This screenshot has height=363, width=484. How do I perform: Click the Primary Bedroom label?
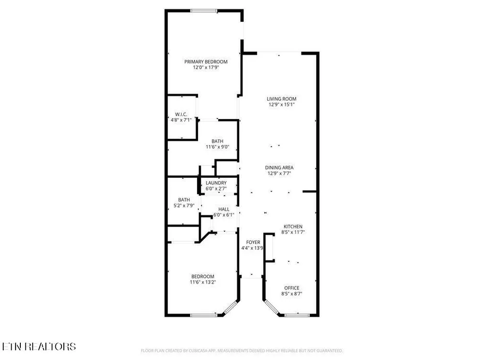[206, 62]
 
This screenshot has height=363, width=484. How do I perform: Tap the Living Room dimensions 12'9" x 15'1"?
[282, 105]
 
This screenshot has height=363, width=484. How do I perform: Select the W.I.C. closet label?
[181, 115]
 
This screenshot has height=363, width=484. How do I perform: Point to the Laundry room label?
[216, 183]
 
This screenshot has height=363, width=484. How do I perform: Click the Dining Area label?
[279, 167]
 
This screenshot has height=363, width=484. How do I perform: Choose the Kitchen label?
[293, 227]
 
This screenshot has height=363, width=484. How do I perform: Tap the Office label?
[292, 288]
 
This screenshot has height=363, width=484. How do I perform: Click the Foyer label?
[253, 242]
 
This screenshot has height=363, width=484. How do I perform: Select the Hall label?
[224, 209]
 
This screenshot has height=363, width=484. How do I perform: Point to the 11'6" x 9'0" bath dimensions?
[218, 147]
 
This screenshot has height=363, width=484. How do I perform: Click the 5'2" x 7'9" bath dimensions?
[184, 205]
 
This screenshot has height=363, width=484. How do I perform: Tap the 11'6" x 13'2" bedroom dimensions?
[203, 282]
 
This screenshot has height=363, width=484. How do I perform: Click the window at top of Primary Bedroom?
[204, 11]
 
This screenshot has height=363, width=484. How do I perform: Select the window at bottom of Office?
[297, 315]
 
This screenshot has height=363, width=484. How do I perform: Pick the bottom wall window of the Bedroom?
[204, 315]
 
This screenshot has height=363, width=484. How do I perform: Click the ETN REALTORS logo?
[39, 347]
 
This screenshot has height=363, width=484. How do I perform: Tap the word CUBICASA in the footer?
[204, 350]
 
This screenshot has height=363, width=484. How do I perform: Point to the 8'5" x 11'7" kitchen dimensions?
[293, 232]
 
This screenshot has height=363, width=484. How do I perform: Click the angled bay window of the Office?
[271, 307]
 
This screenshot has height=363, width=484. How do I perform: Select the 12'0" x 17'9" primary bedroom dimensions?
[206, 67]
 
